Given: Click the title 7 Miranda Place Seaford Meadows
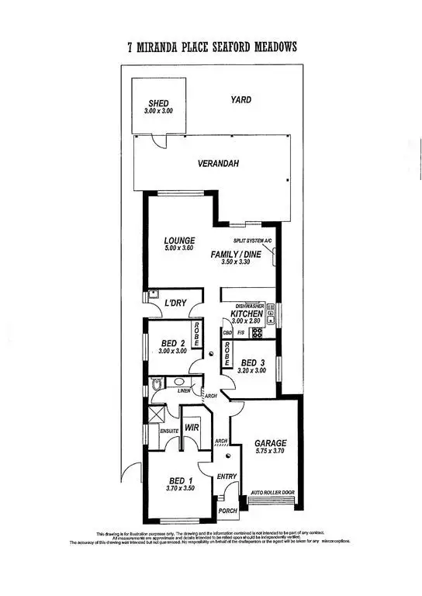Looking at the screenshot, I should click(211, 47).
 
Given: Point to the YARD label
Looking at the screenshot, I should click(240, 99).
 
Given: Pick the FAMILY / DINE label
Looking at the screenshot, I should click(237, 255).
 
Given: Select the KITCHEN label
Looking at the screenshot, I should click(248, 314).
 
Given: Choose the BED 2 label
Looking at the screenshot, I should click(172, 343).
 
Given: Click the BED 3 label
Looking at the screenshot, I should click(253, 363).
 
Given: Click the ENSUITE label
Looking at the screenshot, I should click(169, 431).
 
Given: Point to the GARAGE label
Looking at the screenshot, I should click(270, 444).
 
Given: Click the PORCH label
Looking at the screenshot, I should click(227, 511).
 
